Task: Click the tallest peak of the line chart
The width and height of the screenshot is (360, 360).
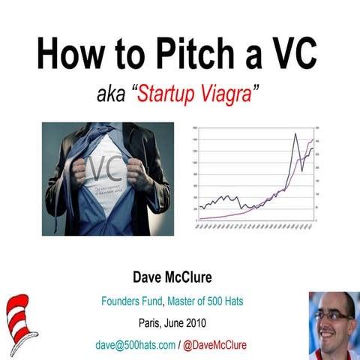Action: (x=295, y=134)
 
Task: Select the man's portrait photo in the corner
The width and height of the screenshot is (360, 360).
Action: (x=331, y=324)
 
